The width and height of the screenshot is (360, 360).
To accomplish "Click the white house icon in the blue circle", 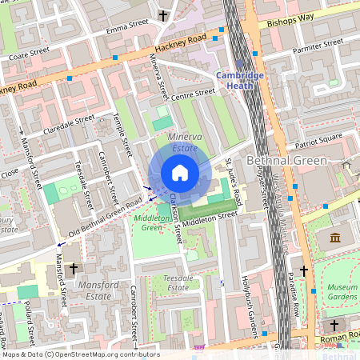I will [180, 173].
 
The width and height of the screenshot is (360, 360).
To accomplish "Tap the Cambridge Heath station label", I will [240, 81].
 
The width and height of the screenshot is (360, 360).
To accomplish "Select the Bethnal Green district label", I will [288, 161].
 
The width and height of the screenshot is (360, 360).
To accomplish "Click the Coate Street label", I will [29, 54].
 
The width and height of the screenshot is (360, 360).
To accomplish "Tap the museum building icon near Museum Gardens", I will [334, 238].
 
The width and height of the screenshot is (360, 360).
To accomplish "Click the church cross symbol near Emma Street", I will [163, 15].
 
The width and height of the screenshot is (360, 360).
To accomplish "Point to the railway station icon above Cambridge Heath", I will [239, 65].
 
